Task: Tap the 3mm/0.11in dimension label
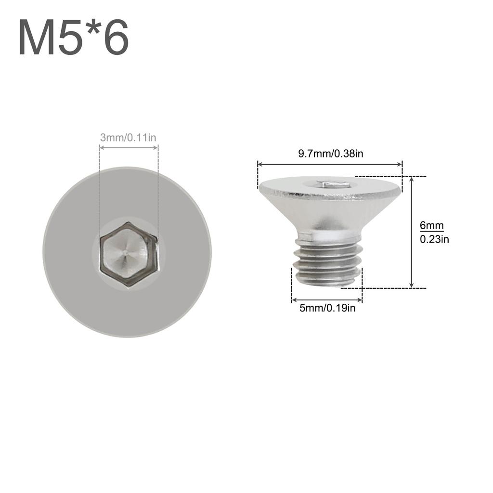point(128,138)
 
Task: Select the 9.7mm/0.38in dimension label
point(330,154)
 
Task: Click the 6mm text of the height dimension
point(431,225)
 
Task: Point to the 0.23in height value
point(434,239)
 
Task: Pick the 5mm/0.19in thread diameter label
point(327,308)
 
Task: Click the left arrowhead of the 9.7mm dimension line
point(260,165)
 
